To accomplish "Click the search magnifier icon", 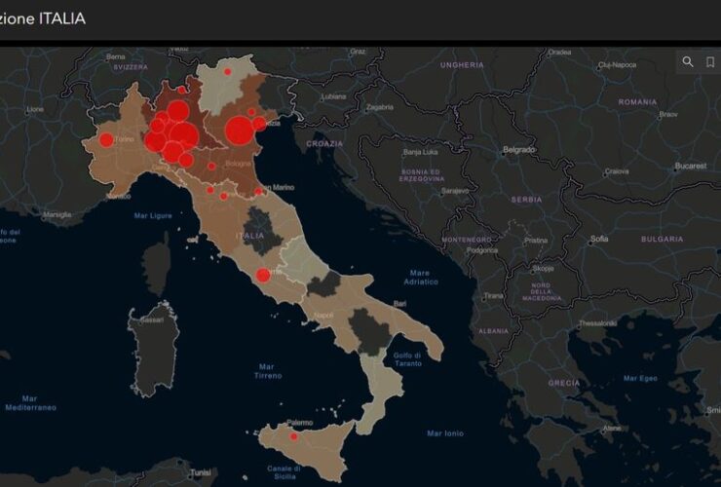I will pos(688,61).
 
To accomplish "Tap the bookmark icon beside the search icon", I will pos(710,61).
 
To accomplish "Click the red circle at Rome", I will pos(262,275).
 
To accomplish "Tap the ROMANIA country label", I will pos(638,102).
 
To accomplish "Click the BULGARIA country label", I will pos(662,239).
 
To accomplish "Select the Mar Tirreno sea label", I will pos(267,369).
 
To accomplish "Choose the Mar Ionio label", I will pos(445,432).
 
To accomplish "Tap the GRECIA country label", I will pos(563,383).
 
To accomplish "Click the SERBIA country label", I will pos(526,199).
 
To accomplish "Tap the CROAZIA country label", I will pos(324,143).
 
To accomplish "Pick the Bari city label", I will pos(399,304).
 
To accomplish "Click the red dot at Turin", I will pos(105,140).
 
